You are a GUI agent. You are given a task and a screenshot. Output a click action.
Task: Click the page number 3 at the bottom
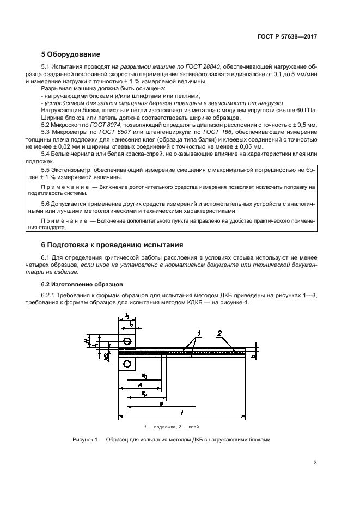(x=315, y=463)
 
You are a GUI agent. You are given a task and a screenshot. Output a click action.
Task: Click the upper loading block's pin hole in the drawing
(x=127, y=341)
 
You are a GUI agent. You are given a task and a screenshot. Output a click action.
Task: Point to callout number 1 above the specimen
(x=199, y=332)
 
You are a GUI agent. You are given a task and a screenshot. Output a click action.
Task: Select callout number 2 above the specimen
(x=219, y=332)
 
